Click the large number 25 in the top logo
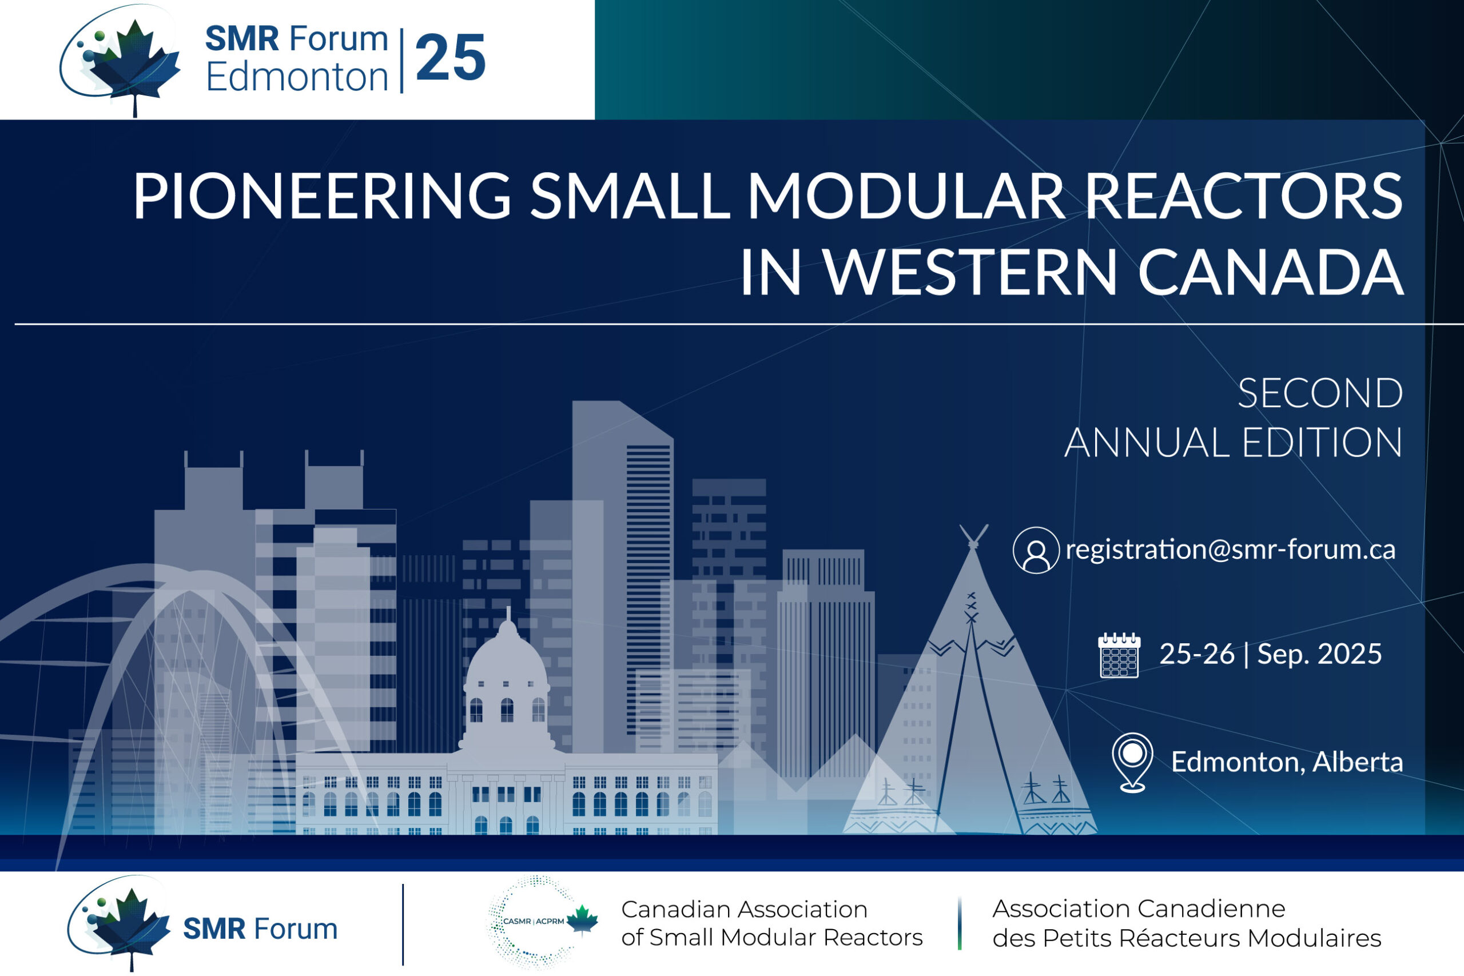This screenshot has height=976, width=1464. (450, 58)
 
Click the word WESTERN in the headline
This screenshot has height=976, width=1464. (970, 272)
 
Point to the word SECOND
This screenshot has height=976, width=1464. (1320, 393)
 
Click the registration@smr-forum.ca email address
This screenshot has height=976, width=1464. (1231, 549)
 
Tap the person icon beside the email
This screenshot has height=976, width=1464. (1036, 550)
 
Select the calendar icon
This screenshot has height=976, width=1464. (1119, 655)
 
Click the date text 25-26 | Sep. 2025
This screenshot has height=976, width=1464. (1270, 654)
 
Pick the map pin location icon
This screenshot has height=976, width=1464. (1132, 763)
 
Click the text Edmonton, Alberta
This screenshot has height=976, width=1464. (1287, 763)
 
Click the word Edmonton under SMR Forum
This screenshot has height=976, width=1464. (297, 77)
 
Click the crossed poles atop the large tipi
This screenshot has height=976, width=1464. (973, 536)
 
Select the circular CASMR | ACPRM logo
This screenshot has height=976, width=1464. (534, 922)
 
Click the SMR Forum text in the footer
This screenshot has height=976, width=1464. (260, 929)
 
